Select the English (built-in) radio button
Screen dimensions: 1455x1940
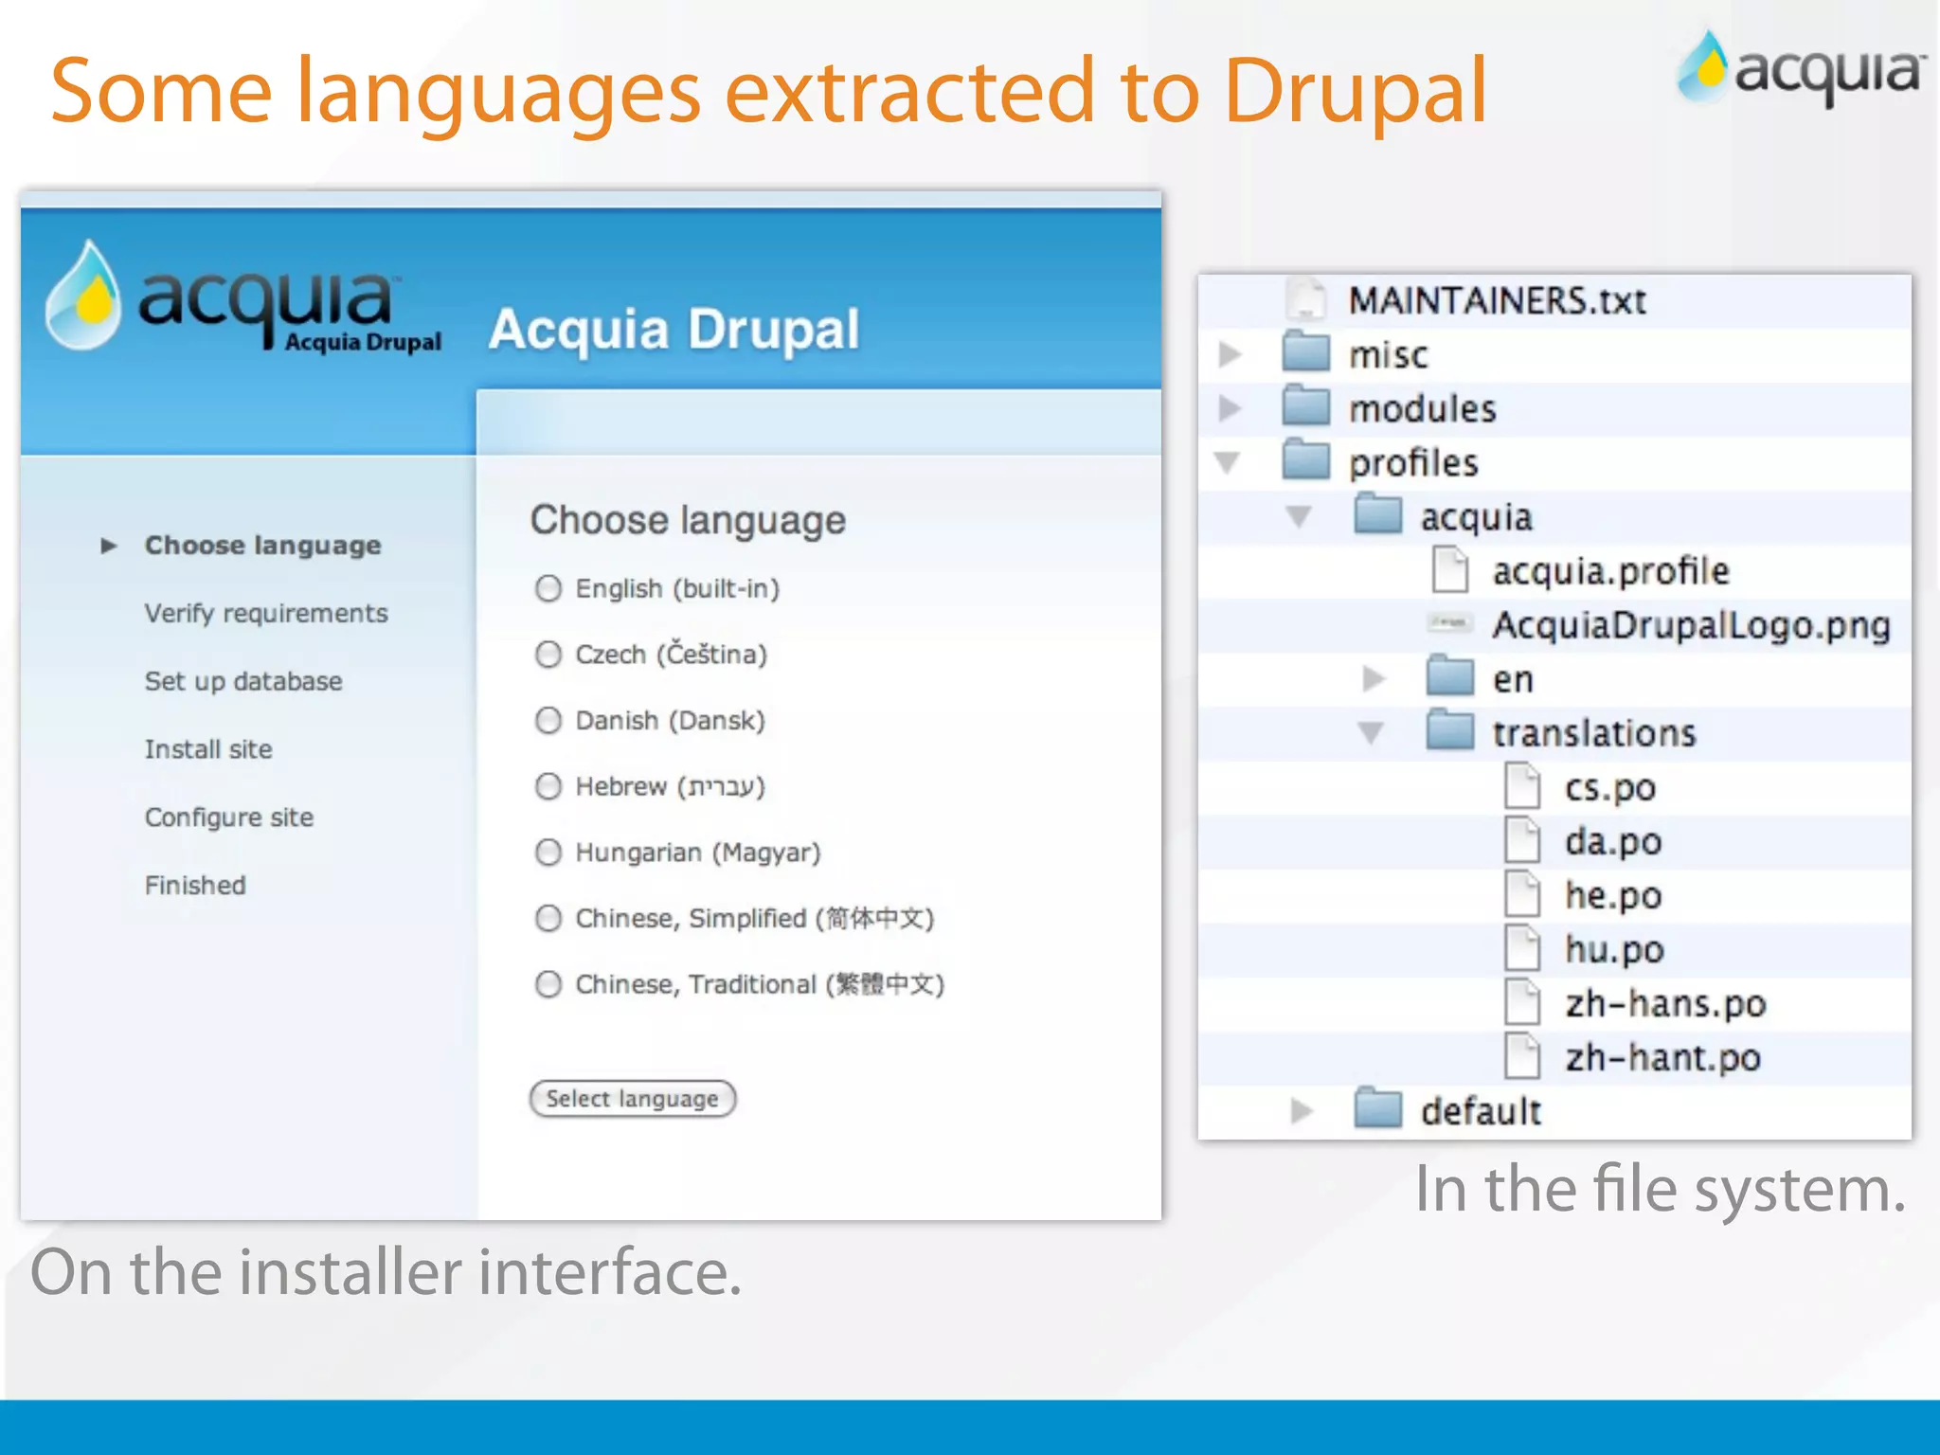[x=548, y=588]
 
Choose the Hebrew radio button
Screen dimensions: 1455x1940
[x=548, y=786]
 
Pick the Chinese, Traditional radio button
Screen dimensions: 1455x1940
[x=548, y=984]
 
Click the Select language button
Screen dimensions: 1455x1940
[x=632, y=1099]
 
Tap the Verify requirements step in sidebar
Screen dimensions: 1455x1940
[x=266, y=614]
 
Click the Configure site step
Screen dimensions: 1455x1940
[x=229, y=817]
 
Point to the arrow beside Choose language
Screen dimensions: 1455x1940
[x=109, y=546]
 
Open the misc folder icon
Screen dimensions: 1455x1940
[x=1306, y=353]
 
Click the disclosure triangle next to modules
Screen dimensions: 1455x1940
[x=1230, y=408]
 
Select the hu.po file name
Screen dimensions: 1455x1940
[x=1614, y=949]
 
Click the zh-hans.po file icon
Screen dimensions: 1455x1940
[x=1522, y=1002]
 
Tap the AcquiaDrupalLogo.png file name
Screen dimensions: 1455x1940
[x=1691, y=625]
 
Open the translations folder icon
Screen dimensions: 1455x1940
[x=1449, y=731]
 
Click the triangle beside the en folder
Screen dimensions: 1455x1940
[x=1374, y=678]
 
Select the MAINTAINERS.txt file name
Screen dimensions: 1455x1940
[x=1497, y=301]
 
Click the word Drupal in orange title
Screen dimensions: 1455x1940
[x=1355, y=93]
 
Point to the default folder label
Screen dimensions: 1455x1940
[x=1481, y=1111]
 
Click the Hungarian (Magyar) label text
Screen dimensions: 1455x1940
[x=698, y=853]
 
